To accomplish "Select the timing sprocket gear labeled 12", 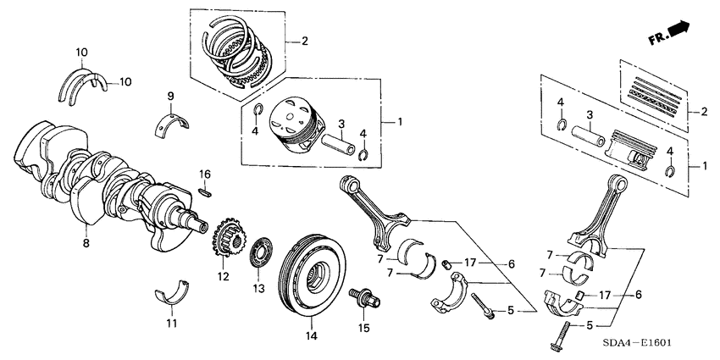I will [224, 241].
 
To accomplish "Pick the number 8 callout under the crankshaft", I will [86, 243].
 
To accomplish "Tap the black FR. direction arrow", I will [678, 31].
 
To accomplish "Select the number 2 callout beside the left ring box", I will [306, 41].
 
